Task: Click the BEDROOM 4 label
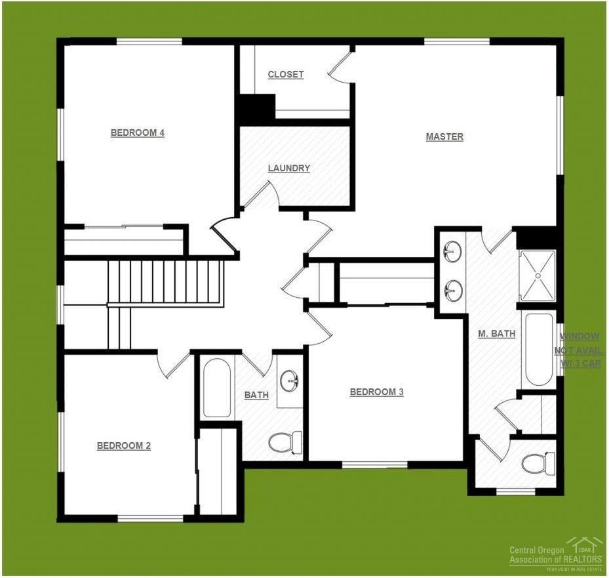tap(137, 133)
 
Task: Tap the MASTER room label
tap(444, 136)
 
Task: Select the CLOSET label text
tap(286, 74)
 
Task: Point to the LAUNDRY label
tap(288, 168)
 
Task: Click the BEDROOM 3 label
tap(376, 392)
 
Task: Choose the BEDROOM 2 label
tap(124, 445)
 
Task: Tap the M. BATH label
tap(496, 333)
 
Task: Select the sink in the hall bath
tap(290, 381)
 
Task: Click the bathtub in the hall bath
tap(216, 388)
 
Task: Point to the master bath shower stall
tap(537, 276)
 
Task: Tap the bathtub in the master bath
tap(540, 349)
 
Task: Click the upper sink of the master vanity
tap(452, 251)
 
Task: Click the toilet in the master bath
tap(537, 464)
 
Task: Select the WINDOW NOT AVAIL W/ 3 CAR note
tap(578, 350)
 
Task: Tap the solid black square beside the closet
tap(256, 109)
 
